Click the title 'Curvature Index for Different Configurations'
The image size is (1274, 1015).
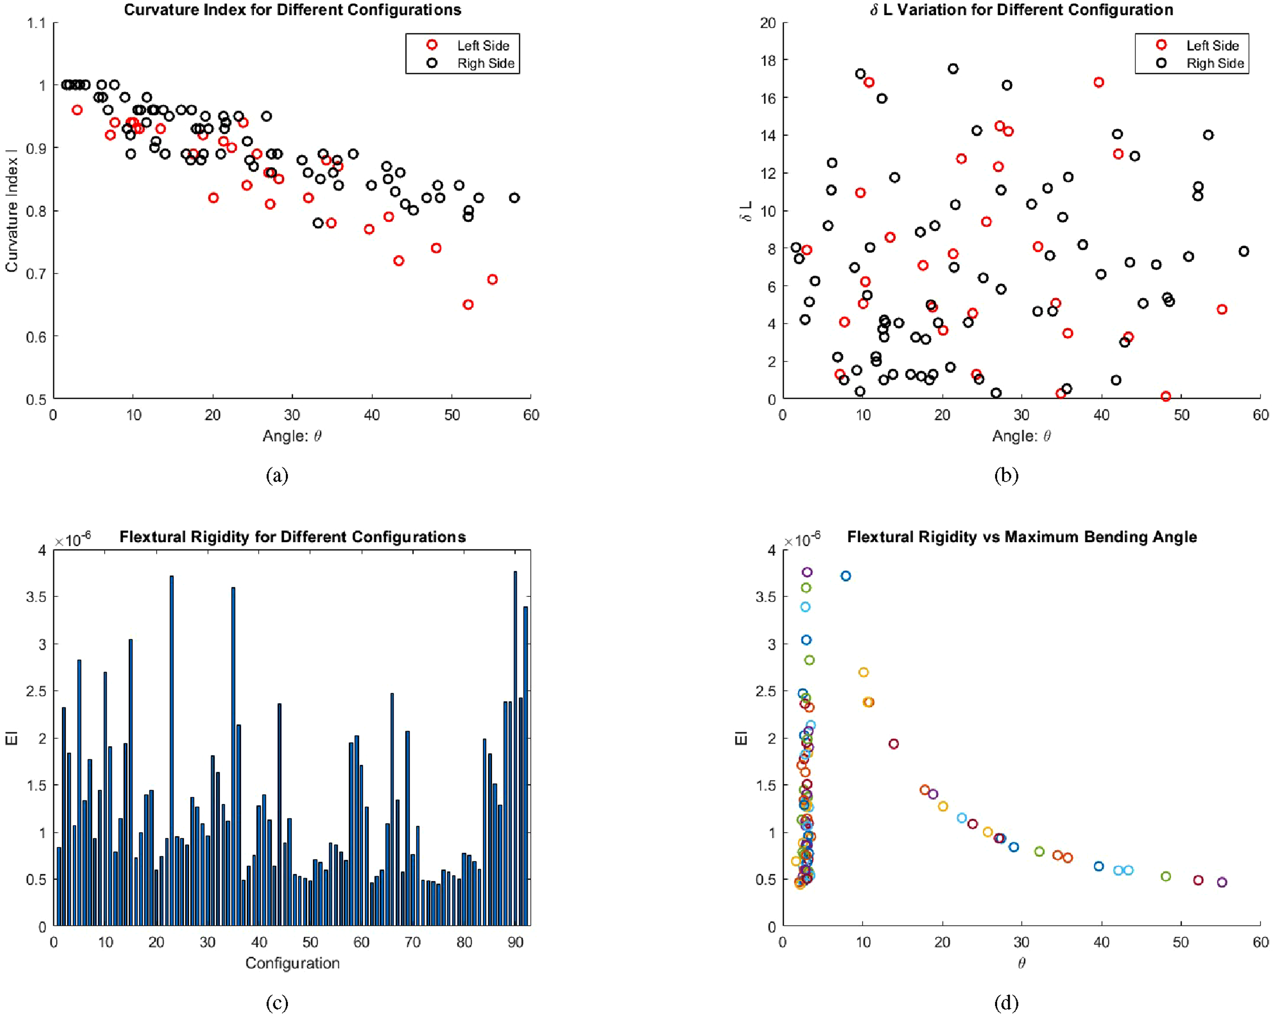click(293, 10)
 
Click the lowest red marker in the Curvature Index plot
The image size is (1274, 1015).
click(468, 304)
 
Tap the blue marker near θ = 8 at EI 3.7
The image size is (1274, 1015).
click(845, 576)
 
